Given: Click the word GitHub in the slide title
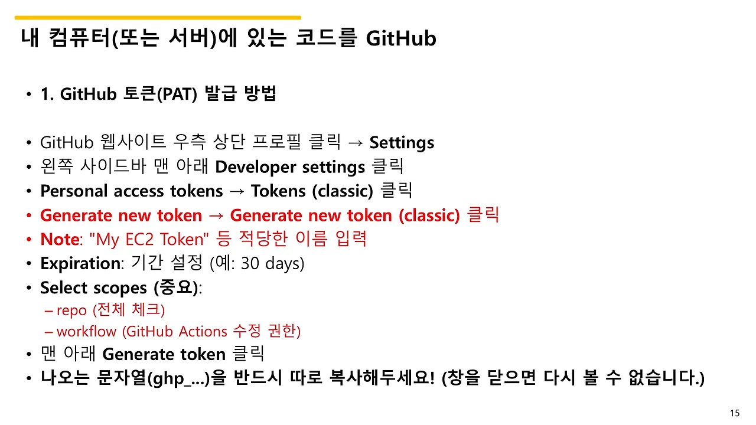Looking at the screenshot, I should point(401,39).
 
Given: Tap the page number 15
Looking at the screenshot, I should point(735,413).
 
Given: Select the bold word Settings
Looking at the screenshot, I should point(402,143).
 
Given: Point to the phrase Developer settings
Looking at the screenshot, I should point(289,167).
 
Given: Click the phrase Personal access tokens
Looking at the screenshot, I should point(131,191).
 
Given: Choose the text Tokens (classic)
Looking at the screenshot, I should point(312,191).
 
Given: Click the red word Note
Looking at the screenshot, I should point(59,239).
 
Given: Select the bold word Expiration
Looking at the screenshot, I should point(80,263).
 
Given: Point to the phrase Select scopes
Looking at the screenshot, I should point(93,287).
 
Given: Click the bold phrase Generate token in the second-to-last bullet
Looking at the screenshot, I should point(164,354).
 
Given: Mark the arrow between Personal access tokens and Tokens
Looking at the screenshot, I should point(237,191).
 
